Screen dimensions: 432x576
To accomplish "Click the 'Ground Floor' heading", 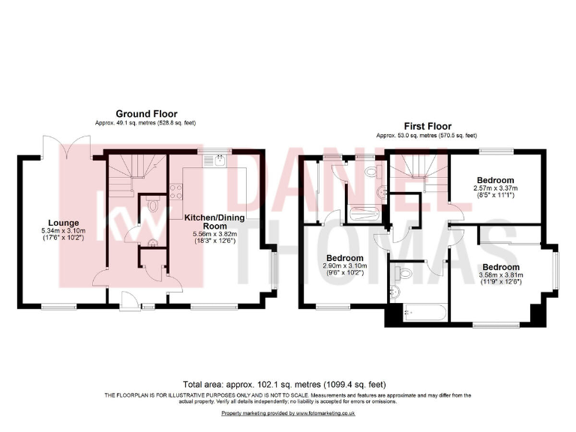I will click(x=146, y=114).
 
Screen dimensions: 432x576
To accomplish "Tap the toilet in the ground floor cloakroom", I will click(x=153, y=202).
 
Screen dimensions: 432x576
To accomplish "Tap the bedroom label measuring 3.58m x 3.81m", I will click(x=500, y=267).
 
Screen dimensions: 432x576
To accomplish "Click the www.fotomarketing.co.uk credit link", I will click(x=325, y=413).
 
